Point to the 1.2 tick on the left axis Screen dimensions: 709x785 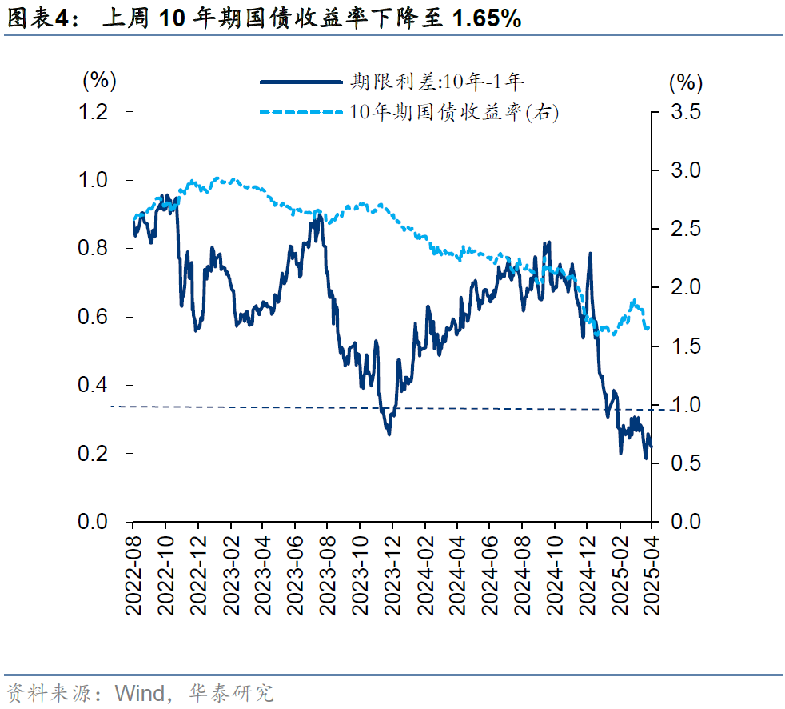(x=94, y=112)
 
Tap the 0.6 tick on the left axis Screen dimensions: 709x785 (x=94, y=317)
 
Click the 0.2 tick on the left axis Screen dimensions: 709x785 (x=94, y=454)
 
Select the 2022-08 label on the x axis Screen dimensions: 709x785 (x=133, y=570)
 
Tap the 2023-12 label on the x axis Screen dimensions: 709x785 (x=392, y=570)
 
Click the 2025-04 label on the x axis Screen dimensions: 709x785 (x=652, y=570)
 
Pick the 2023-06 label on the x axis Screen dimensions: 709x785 (x=295, y=570)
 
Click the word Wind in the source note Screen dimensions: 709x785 (x=139, y=692)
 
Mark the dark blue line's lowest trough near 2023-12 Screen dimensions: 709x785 (x=389, y=435)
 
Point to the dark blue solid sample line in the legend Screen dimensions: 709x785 (x=301, y=81)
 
